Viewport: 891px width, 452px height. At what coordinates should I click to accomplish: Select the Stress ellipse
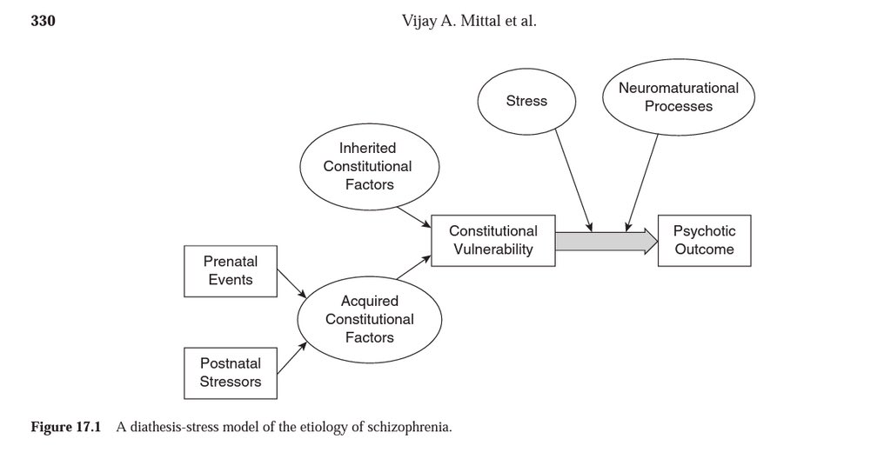point(526,101)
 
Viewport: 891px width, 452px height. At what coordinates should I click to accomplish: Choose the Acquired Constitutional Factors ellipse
point(369,319)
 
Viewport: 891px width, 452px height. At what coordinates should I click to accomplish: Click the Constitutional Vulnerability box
point(492,240)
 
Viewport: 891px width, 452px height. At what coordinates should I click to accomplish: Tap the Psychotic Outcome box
point(704,240)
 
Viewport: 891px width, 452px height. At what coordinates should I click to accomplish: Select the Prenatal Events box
point(230,270)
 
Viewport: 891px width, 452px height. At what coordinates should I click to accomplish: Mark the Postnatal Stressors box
point(230,373)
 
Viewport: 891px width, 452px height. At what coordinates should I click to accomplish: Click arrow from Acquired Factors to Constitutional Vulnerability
point(414,268)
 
